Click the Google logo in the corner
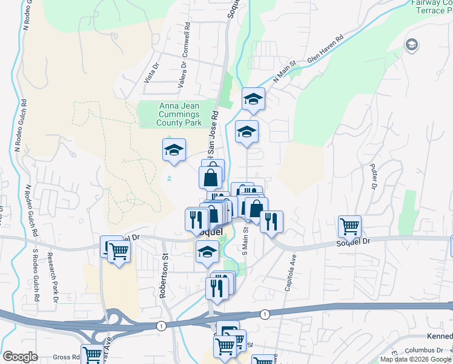pyautogui.click(x=20, y=357)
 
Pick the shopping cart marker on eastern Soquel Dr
pyautogui.click(x=349, y=226)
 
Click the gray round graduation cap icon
pyautogui.click(x=412, y=45)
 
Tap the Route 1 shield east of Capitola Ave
pyautogui.click(x=265, y=314)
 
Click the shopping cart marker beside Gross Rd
pyautogui.click(x=93, y=355)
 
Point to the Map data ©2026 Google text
pyautogui.click(x=416, y=359)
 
